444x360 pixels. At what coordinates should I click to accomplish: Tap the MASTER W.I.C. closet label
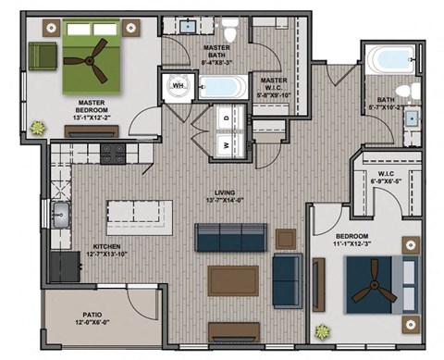tap(274, 85)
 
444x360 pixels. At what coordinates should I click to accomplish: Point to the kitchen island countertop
tap(139, 216)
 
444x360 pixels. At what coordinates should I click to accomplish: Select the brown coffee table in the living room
tap(233, 279)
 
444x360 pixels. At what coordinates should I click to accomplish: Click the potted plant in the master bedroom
tap(39, 127)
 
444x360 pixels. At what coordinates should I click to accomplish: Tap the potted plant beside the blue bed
tap(322, 330)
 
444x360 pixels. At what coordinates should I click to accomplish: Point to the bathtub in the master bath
tap(222, 89)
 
